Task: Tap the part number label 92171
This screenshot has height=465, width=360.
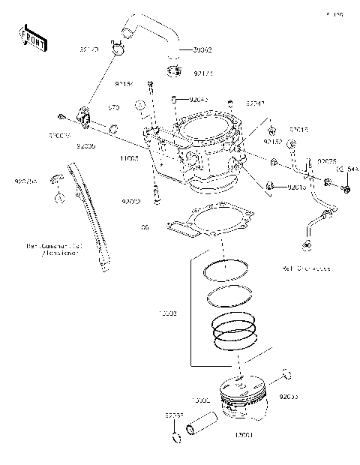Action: pyautogui.click(x=202, y=73)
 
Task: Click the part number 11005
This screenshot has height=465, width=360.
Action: pyautogui.click(x=130, y=158)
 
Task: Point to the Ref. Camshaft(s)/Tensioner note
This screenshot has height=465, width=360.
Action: pyautogui.click(x=53, y=248)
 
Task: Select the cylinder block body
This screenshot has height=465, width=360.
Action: pyautogui.click(x=199, y=150)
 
